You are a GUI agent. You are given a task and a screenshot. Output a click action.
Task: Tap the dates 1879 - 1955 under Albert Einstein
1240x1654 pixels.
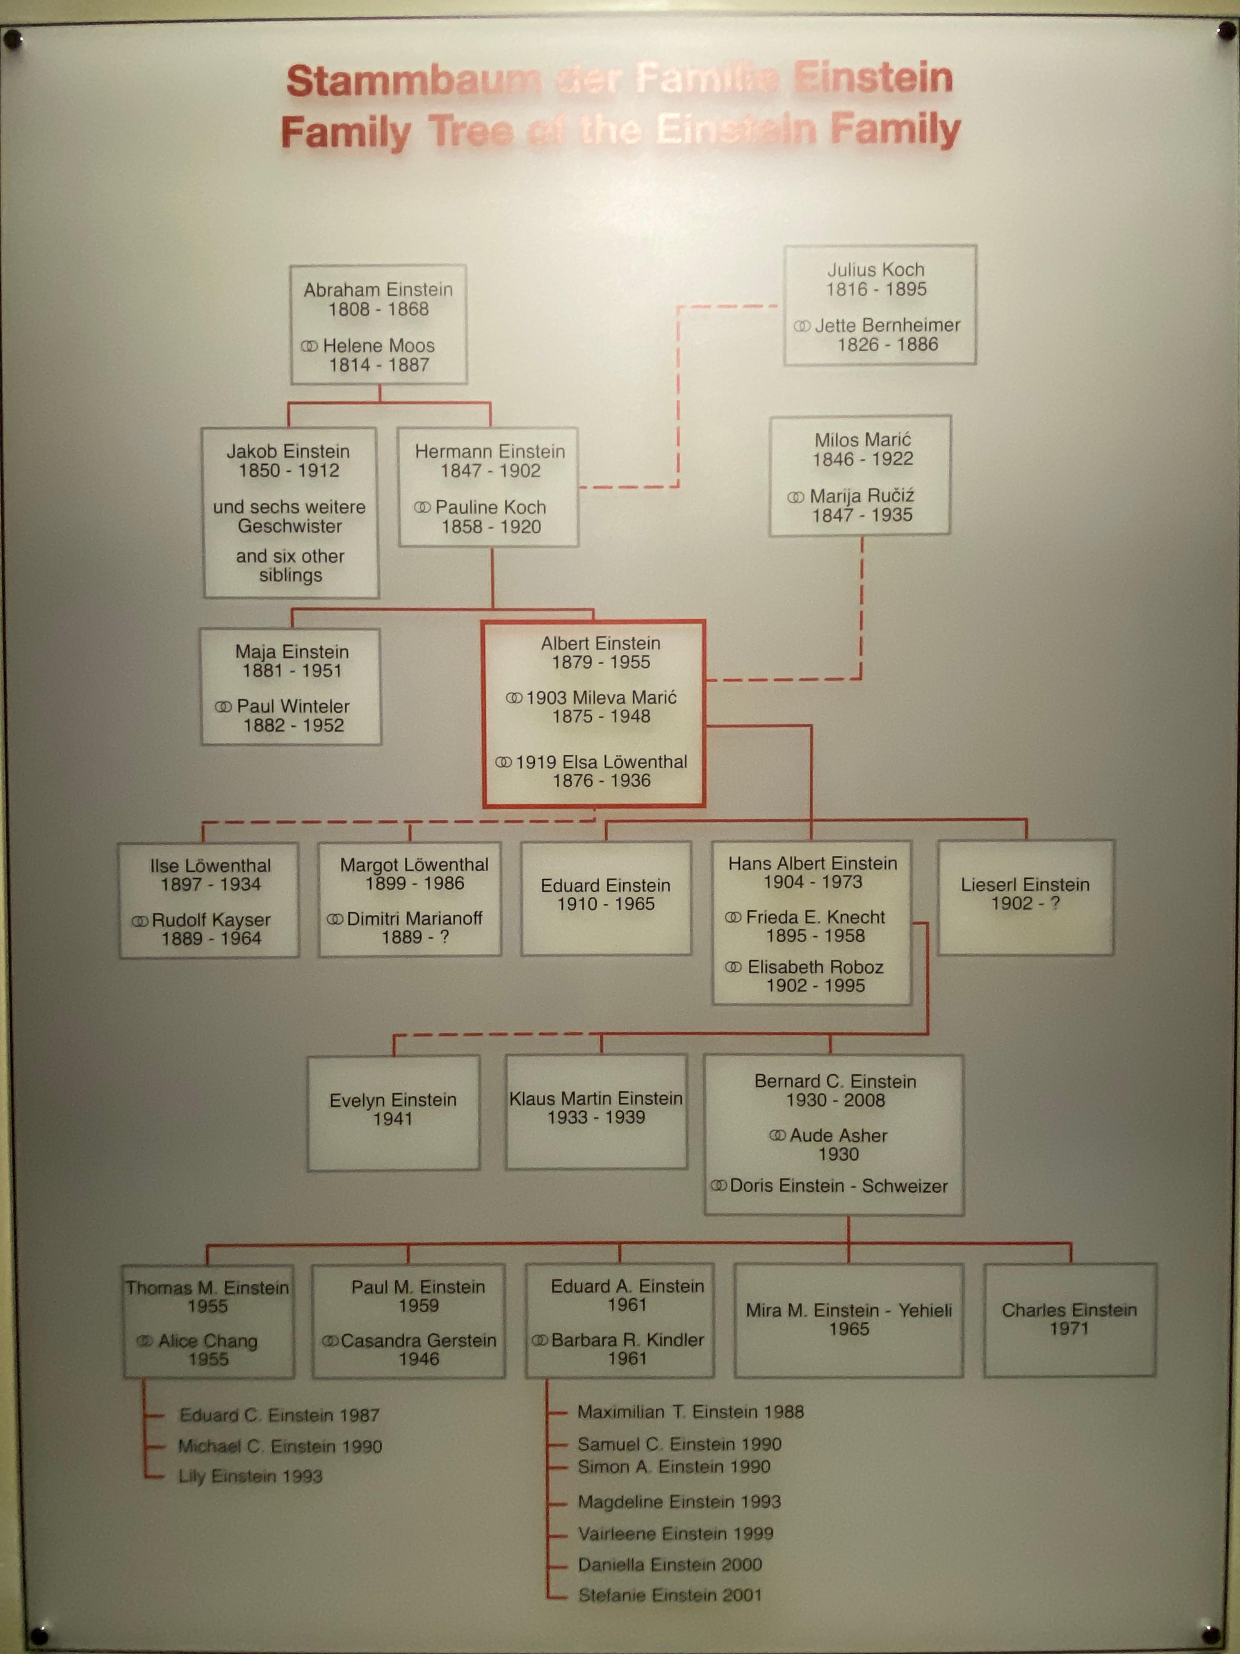click(601, 663)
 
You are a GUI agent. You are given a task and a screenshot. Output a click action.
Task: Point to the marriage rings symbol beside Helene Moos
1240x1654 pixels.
click(310, 346)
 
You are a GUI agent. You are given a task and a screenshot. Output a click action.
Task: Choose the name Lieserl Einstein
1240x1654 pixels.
click(1025, 884)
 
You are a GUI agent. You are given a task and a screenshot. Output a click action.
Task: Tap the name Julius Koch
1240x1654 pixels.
click(875, 270)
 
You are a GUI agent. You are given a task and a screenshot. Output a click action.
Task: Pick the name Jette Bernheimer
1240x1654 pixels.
click(887, 325)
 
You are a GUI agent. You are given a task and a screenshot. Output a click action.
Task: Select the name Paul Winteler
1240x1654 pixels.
click(293, 707)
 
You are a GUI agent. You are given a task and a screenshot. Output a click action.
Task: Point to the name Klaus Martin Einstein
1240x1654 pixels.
click(596, 1099)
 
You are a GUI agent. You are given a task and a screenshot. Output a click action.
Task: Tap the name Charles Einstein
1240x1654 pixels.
click(1069, 1310)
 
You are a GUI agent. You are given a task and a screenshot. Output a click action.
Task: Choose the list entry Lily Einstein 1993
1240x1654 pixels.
click(251, 1476)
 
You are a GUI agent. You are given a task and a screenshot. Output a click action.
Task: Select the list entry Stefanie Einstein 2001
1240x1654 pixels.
click(670, 1595)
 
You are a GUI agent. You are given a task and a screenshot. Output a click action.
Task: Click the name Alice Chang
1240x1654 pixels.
click(208, 1341)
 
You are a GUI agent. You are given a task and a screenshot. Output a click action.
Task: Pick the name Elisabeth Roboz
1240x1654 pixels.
click(816, 967)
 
